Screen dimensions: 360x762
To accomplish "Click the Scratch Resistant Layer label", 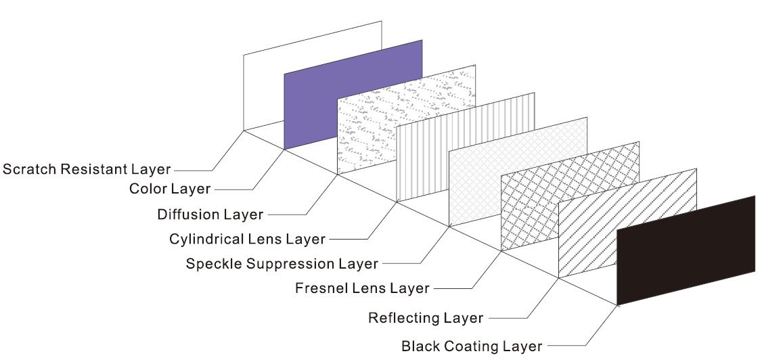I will click(x=87, y=168).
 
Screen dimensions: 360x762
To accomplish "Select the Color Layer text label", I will click(x=170, y=188).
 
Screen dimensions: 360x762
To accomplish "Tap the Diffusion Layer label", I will click(x=210, y=215).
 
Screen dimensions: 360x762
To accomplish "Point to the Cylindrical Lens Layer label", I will click(x=247, y=238).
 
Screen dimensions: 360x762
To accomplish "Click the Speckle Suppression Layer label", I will click(x=282, y=263).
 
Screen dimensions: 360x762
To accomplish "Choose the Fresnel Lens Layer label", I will click(x=362, y=288).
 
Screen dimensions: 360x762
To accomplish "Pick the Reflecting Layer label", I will click(x=426, y=317).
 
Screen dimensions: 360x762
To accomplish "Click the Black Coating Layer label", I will click(x=471, y=346).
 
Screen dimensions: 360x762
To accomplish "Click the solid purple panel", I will click(x=353, y=95).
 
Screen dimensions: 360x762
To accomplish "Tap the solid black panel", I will click(x=686, y=250).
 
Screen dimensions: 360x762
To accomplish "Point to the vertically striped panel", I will click(x=466, y=145).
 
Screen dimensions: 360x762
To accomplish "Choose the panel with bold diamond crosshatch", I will click(x=570, y=196).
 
